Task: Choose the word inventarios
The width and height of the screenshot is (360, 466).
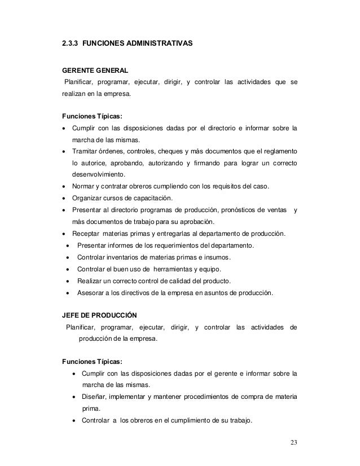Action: coord(125,257)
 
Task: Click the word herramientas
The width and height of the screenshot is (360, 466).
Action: coord(172,269)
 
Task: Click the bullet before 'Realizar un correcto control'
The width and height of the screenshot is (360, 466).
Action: coord(68,281)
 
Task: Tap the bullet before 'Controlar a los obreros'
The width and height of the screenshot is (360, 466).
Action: coord(74,420)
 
